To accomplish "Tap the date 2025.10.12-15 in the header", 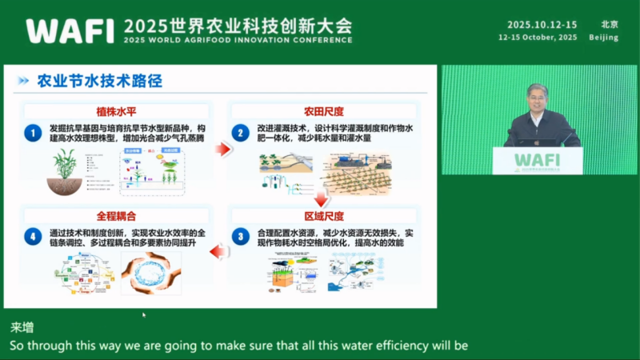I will [x=542, y=24].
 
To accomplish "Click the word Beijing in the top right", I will [x=603, y=38].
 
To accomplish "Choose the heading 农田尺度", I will [x=324, y=110].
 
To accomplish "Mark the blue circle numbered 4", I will [x=33, y=237].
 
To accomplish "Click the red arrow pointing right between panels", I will [x=223, y=148].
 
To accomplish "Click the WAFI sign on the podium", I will [x=537, y=159].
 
